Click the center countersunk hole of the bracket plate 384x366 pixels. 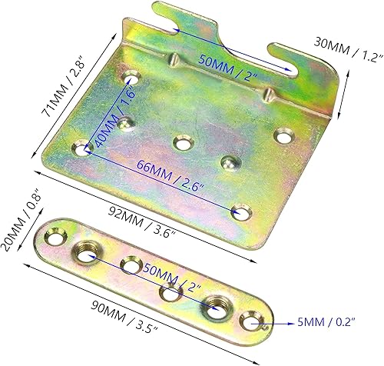point(182,144)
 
